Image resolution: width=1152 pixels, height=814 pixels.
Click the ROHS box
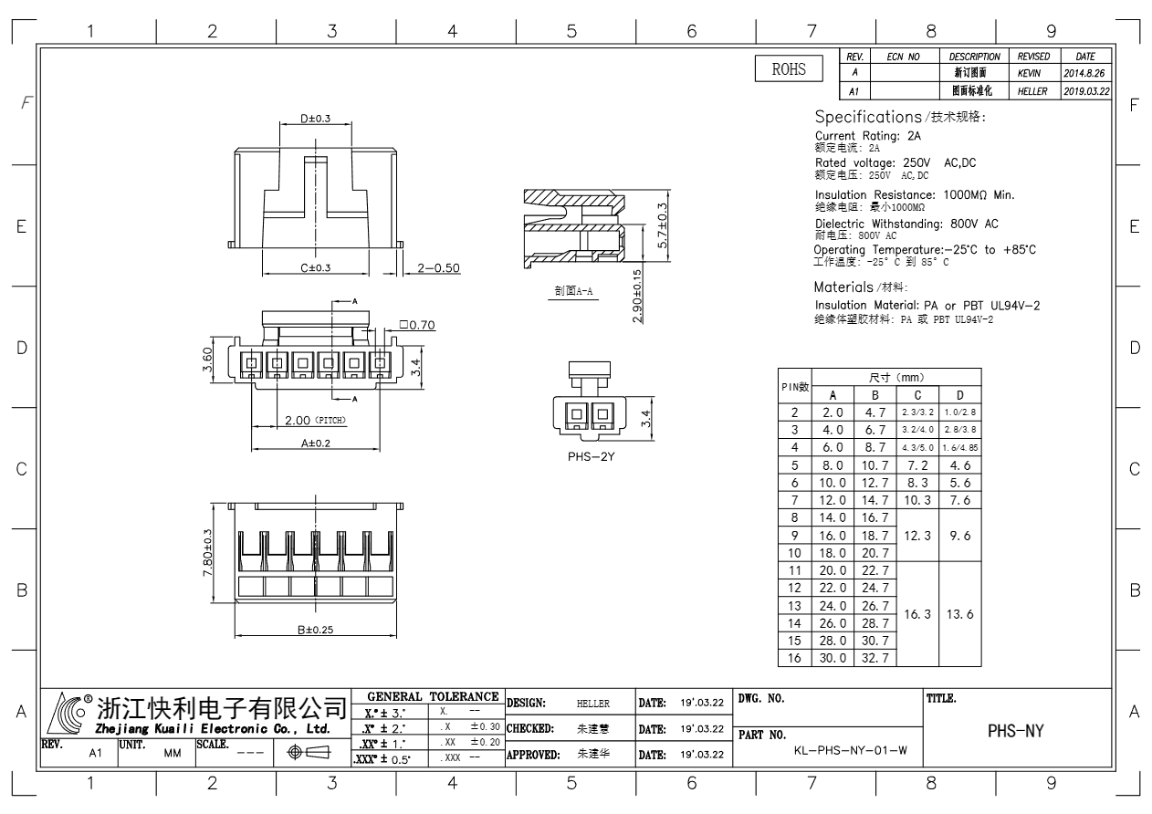tap(789, 68)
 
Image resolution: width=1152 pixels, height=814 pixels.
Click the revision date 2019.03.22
tap(1086, 91)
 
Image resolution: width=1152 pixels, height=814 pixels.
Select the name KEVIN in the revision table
tap(1029, 74)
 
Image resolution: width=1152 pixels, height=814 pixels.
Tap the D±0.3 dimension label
tap(315, 119)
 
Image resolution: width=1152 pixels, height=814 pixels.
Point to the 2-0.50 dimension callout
tap(438, 268)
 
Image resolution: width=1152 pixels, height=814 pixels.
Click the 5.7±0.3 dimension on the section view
tap(663, 225)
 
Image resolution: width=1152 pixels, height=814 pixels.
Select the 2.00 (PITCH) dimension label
tap(315, 420)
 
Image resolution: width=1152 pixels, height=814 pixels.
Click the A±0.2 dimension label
tap(315, 443)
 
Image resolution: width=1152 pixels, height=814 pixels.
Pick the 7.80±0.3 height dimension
tap(207, 553)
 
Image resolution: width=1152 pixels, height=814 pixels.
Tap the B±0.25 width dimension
tap(315, 630)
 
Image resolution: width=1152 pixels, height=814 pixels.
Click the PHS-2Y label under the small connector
tap(591, 456)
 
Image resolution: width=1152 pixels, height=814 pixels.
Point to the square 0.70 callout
tap(417, 325)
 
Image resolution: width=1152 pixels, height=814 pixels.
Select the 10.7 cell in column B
tap(874, 465)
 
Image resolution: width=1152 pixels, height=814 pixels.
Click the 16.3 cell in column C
tap(917, 614)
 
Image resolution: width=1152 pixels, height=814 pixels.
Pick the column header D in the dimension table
tap(959, 395)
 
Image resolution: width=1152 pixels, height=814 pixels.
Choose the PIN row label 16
tap(794, 658)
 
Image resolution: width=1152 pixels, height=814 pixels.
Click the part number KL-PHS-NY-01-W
tap(851, 750)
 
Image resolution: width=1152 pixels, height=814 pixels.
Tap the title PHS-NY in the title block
tap(1016, 731)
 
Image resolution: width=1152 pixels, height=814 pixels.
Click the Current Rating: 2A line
tap(867, 136)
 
